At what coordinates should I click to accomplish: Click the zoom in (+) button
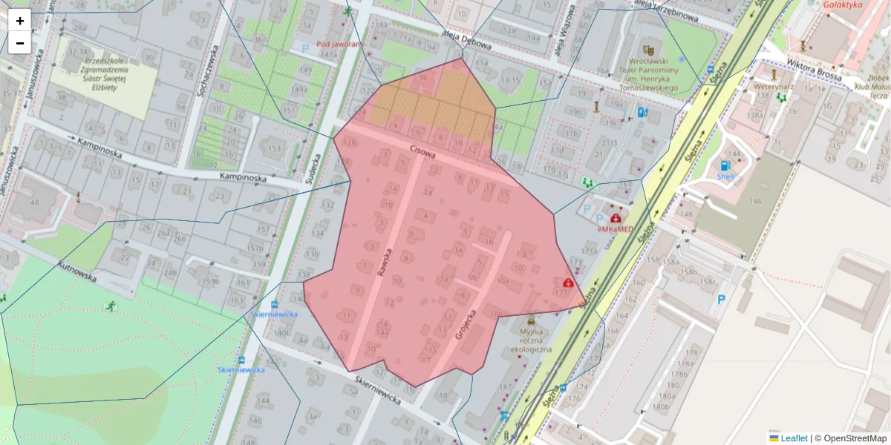coord(20,21)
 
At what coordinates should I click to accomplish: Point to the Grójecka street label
coord(467,325)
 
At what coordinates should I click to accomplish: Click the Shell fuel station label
coord(725,177)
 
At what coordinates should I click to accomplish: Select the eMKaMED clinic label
coord(616,230)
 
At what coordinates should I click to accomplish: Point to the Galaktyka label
coord(843,4)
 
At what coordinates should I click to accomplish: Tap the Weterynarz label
coord(754,86)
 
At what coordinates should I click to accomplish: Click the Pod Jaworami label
coord(339,44)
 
